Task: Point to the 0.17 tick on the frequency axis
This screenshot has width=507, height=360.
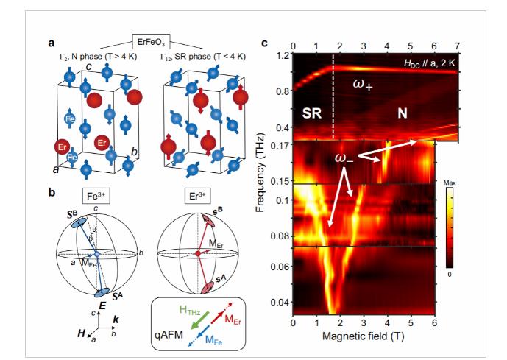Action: (281, 146)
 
